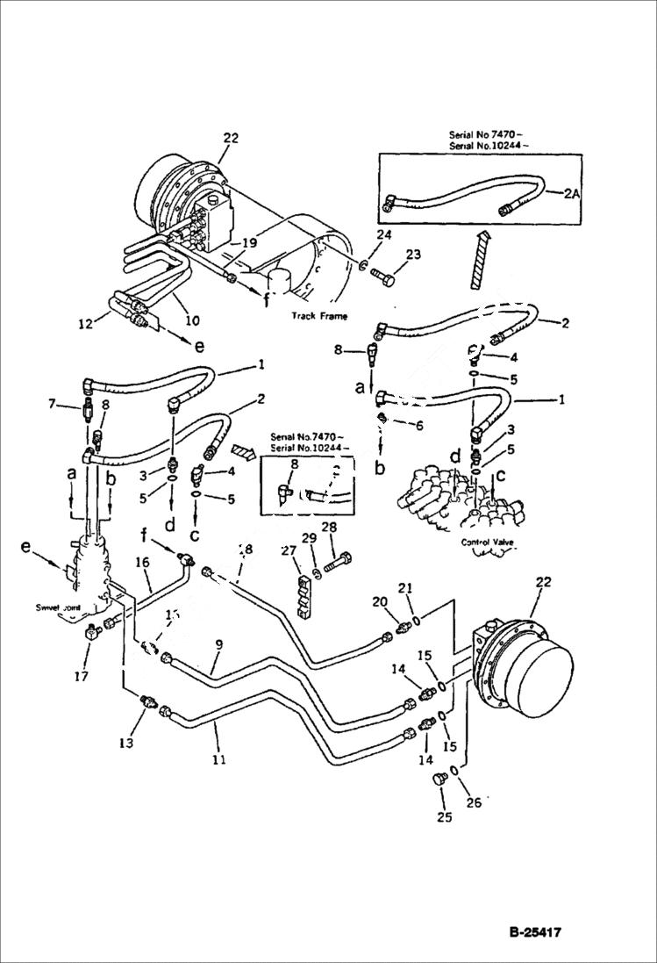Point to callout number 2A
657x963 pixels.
point(571,196)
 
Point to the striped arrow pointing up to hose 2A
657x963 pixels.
point(477,261)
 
